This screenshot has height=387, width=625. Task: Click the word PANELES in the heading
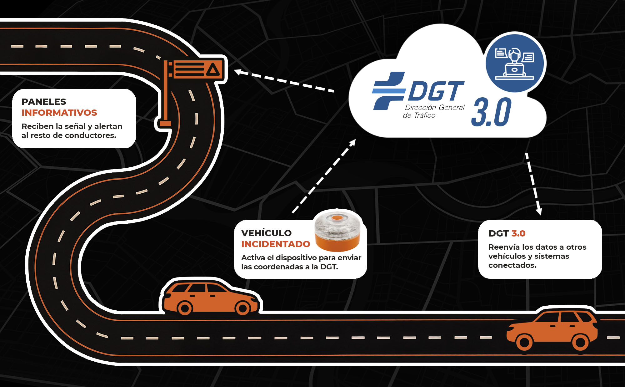click(x=44, y=102)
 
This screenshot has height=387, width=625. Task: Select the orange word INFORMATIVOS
click(x=59, y=113)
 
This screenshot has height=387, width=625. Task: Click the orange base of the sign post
click(x=165, y=124)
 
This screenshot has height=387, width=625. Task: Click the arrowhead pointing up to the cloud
click(x=353, y=143)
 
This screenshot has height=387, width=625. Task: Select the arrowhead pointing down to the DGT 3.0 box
click(x=539, y=211)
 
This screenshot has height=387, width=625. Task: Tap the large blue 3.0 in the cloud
click(x=491, y=112)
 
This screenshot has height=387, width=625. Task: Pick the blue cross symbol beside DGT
click(x=388, y=91)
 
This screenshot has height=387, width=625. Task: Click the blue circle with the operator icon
click(x=514, y=63)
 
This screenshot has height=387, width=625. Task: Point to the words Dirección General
click(x=435, y=108)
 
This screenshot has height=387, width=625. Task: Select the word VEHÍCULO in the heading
click(x=266, y=233)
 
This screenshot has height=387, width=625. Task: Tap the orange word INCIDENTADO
click(x=276, y=244)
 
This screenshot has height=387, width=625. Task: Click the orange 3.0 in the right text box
click(x=518, y=233)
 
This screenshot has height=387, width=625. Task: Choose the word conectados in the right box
click(x=512, y=265)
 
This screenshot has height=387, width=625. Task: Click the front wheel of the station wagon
click(x=243, y=308)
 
